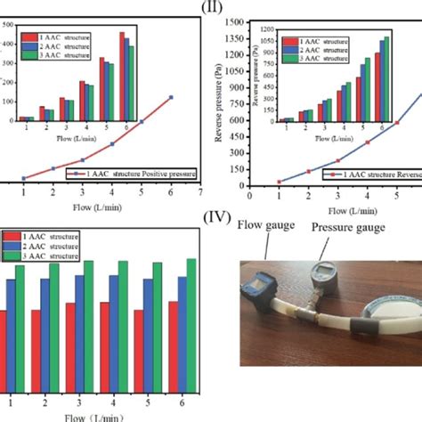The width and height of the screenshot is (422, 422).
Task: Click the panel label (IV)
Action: [216, 217]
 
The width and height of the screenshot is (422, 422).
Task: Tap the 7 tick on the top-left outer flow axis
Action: [200, 191]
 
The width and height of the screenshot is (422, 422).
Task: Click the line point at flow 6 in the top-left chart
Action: [171, 97]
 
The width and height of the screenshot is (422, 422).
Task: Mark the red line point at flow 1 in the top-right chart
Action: [279, 182]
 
